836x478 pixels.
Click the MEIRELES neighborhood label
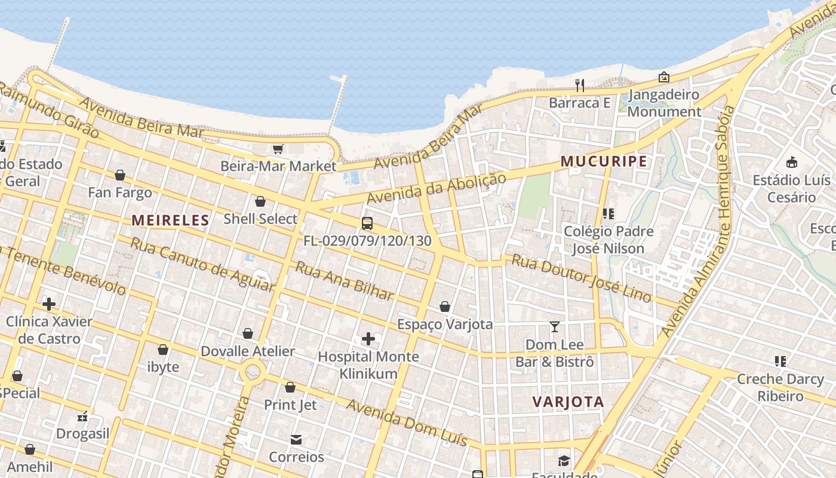(170, 220)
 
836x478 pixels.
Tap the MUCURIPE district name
(603, 161)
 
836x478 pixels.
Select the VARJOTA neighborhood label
(568, 402)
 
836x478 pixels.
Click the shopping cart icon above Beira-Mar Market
(278, 149)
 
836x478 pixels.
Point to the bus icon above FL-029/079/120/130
(367, 223)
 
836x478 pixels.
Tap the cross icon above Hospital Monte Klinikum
(368, 339)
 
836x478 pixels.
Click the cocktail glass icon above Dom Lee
(555, 327)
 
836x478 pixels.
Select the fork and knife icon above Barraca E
(580, 85)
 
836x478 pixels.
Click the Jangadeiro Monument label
(663, 103)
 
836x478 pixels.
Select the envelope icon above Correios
(296, 440)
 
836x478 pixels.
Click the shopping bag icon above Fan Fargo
(119, 175)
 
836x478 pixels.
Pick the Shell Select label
(260, 219)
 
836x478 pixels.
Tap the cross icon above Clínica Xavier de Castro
(49, 304)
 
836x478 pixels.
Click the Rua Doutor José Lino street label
(581, 278)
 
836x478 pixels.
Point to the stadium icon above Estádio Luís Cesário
(792, 163)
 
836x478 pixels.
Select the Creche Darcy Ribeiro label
(780, 387)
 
